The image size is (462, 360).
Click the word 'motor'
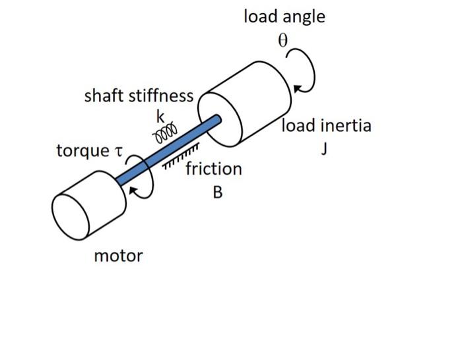click(x=118, y=255)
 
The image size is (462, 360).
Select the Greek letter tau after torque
click(x=119, y=152)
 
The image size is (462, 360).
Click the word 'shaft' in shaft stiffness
click(x=104, y=96)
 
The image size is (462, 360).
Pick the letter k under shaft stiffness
click(x=159, y=117)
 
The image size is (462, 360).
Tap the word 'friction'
click(x=213, y=169)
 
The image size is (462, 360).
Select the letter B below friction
click(x=217, y=193)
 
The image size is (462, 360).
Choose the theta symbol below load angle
click(x=282, y=40)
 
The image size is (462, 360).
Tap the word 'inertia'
click(x=346, y=125)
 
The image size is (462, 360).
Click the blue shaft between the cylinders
click(x=169, y=151)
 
